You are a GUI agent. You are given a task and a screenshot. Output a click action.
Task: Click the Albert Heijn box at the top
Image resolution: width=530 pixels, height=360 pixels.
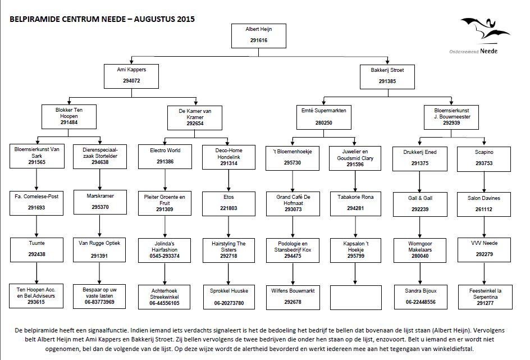259,36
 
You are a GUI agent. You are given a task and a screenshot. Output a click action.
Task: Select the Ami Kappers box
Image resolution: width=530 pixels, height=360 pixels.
131,76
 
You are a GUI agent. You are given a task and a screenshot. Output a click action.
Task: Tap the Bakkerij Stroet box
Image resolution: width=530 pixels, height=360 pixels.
387,77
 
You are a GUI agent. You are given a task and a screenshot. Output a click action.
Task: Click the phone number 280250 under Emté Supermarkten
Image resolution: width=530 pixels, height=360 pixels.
323,122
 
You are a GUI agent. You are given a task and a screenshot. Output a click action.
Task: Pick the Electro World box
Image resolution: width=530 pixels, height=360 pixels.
165,157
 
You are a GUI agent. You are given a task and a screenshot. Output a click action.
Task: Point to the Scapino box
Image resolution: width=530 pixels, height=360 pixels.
484,159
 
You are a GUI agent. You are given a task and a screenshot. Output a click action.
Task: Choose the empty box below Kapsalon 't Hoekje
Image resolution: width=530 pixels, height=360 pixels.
356,298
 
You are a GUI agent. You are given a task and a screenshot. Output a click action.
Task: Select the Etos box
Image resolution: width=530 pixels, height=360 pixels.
229,204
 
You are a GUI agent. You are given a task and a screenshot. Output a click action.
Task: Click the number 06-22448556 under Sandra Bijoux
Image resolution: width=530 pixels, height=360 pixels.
421,302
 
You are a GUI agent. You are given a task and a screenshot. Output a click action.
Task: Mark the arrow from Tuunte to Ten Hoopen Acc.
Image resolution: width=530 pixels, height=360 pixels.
36,273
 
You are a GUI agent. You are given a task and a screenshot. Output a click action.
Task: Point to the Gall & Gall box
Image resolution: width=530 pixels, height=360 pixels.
420,204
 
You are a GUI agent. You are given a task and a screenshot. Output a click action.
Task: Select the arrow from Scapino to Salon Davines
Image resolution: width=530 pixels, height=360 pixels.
484,182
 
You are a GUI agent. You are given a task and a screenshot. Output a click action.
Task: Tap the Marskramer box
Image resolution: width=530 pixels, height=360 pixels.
100,202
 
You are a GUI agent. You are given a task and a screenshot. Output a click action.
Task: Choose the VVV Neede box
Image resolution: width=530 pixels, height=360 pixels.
484,250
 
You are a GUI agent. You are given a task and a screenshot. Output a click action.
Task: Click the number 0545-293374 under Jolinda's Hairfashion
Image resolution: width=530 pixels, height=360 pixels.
165,256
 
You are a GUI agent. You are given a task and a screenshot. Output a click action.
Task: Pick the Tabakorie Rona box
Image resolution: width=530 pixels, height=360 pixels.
355,204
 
